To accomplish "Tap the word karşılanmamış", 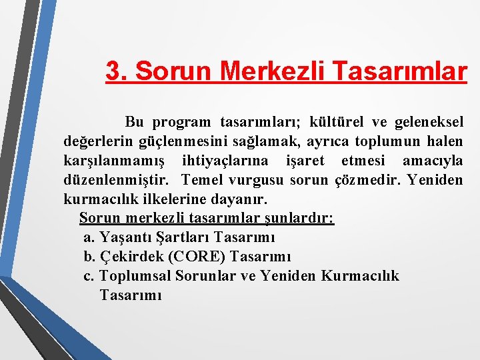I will tap(113, 161).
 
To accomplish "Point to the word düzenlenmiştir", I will tap(116, 180).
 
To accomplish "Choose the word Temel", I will tap(202, 180).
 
